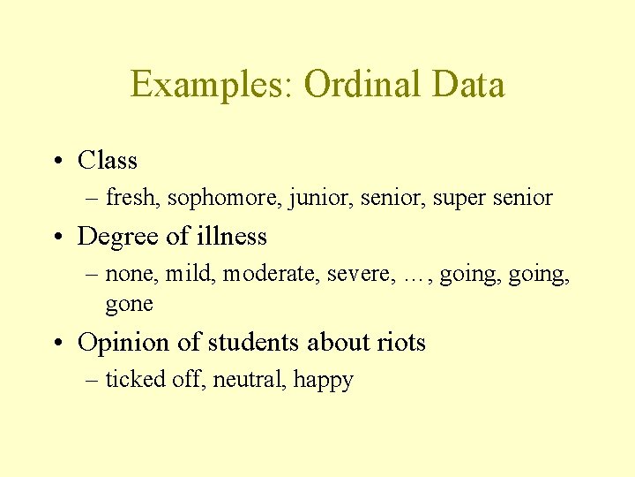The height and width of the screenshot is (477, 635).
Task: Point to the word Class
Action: [x=108, y=161]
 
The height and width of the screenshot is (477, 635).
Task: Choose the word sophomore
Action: [x=220, y=198]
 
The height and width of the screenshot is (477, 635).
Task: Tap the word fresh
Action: [x=131, y=198]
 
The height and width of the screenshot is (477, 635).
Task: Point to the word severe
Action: [x=359, y=275]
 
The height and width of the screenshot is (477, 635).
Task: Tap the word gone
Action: [x=130, y=305]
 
